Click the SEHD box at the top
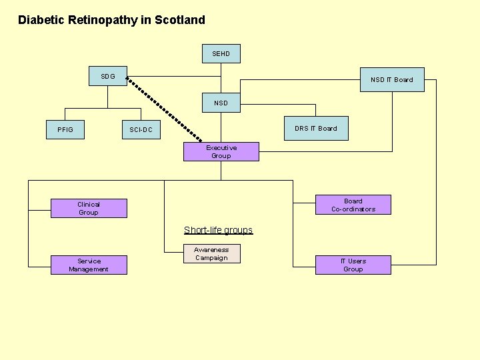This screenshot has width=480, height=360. [x=221, y=54]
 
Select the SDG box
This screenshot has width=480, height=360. [x=108, y=77]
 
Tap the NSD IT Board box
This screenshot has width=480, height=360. [x=391, y=79]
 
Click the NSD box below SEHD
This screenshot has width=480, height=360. [x=221, y=103]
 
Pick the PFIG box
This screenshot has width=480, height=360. [x=65, y=129]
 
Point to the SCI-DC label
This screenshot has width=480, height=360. [x=141, y=129]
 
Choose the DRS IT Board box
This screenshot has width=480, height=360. [x=316, y=128]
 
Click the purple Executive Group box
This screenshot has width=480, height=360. [x=221, y=152]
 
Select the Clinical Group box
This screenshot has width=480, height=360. [x=89, y=209]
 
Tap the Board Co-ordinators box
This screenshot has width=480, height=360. [x=353, y=205]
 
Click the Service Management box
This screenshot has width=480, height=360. [x=89, y=265]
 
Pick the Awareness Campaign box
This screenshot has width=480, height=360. [x=211, y=254]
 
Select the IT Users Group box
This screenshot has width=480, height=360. [x=353, y=265]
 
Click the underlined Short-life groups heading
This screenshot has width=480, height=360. [x=218, y=230]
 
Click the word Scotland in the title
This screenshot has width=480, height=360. [x=180, y=20]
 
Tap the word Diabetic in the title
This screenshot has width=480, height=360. [x=41, y=20]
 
